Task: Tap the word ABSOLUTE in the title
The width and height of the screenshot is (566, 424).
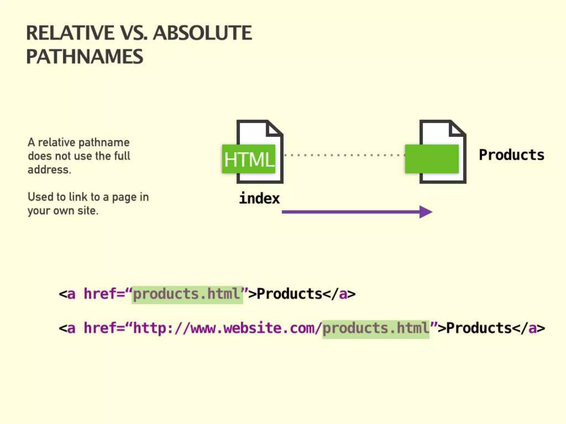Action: click(202, 33)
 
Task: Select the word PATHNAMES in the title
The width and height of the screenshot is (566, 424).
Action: click(85, 57)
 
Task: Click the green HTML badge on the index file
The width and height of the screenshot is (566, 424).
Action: click(249, 159)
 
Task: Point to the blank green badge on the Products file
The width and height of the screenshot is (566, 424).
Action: click(432, 159)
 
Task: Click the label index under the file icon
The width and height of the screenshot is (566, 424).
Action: click(259, 198)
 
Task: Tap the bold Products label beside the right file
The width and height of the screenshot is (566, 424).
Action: click(511, 155)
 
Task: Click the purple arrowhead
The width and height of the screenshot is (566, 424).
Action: click(426, 212)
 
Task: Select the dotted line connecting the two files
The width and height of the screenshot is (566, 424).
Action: click(344, 155)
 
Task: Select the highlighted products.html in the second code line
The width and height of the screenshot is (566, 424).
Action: click(376, 328)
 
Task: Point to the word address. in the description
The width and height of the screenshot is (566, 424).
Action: click(49, 169)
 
